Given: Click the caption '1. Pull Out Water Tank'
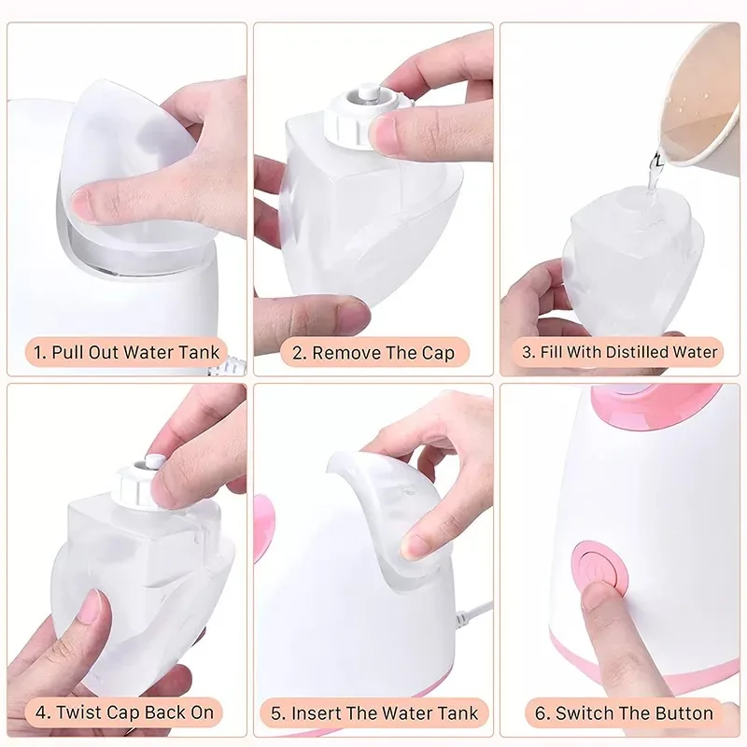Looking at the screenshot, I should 127,352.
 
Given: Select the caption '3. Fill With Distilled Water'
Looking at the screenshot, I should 620,352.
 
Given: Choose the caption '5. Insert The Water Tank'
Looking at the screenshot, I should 374,713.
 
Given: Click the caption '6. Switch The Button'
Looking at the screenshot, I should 621,713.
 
